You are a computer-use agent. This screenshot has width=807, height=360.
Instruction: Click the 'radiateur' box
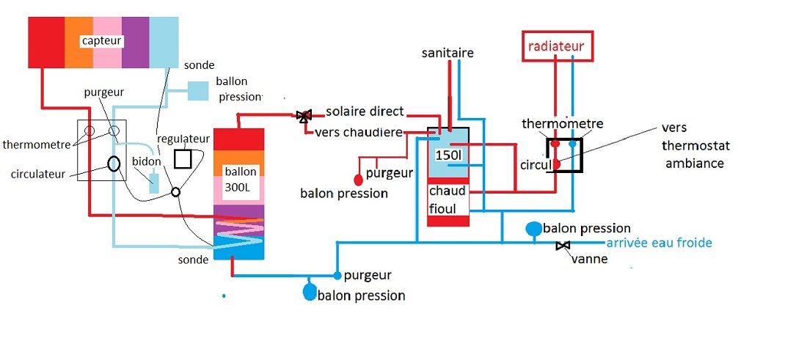[556, 46]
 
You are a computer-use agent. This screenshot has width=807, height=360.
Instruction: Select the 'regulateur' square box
[183, 159]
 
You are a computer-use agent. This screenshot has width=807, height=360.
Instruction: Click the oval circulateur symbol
[114, 164]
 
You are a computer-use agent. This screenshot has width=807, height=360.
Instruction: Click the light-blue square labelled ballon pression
[198, 90]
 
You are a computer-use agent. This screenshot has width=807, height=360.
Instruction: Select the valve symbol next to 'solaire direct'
[303, 115]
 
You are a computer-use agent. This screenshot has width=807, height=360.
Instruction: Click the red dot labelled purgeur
[358, 179]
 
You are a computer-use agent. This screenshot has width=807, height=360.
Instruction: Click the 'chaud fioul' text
[448, 200]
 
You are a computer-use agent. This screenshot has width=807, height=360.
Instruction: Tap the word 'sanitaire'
[448, 53]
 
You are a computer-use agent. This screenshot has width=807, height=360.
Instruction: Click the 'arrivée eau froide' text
[659, 243]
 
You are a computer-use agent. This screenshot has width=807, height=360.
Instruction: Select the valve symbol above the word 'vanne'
[563, 246]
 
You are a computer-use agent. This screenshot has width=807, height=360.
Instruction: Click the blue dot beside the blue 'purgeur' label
[337, 276]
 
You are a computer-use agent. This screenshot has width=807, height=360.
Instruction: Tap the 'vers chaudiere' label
[359, 132]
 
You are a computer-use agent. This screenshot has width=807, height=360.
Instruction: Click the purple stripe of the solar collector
[136, 42]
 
